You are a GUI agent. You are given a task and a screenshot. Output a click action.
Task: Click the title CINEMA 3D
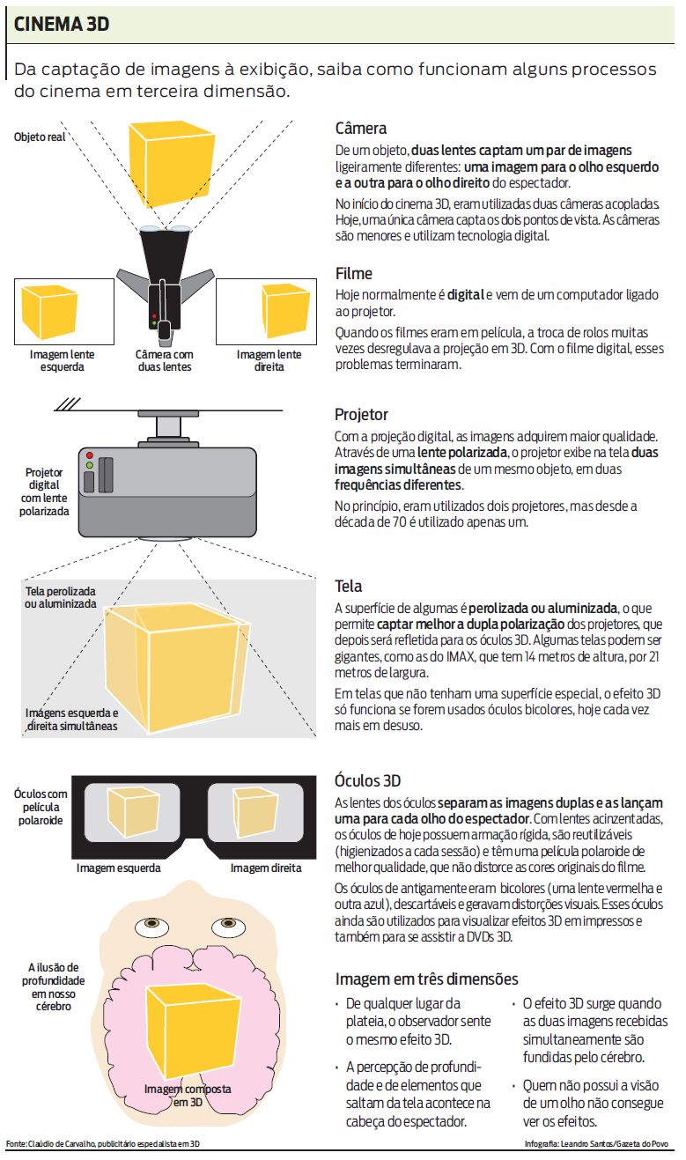click(62, 24)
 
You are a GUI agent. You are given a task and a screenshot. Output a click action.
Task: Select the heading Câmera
click(361, 128)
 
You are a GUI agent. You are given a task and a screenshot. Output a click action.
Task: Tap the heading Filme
click(354, 273)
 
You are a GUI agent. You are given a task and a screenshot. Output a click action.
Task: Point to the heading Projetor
click(361, 414)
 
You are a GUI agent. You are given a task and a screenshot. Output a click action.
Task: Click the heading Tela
click(348, 586)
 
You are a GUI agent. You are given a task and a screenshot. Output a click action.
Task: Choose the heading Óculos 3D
click(367, 780)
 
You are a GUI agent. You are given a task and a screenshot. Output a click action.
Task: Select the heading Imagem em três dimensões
click(426, 979)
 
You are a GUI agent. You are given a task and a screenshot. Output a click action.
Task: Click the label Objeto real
click(40, 137)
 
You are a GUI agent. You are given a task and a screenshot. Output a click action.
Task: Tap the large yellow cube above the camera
click(172, 165)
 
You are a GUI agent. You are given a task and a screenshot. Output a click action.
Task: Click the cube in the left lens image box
click(49, 312)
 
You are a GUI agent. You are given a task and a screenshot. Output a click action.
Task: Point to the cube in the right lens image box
click(285, 311)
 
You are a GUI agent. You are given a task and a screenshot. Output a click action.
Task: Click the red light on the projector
click(90, 455)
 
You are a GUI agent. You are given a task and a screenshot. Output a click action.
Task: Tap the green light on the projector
click(90, 465)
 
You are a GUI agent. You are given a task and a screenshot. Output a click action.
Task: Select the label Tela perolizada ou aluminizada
click(61, 597)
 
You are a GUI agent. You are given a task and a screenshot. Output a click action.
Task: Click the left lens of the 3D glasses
click(132, 812)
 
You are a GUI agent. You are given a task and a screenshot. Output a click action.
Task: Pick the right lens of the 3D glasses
click(255, 812)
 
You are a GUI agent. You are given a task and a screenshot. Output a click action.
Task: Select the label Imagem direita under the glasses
click(266, 868)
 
